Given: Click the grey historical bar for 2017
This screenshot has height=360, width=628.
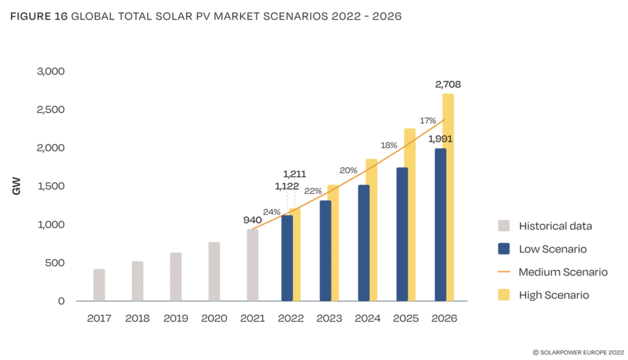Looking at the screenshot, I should pyautogui.click(x=99, y=285).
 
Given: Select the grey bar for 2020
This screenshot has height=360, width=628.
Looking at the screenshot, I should pyautogui.click(x=214, y=272).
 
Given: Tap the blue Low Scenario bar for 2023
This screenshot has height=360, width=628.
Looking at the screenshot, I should pyautogui.click(x=325, y=251).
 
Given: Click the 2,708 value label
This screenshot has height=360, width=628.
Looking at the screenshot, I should pyautogui.click(x=448, y=85).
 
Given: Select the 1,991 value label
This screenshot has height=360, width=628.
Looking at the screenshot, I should pyautogui.click(x=440, y=139).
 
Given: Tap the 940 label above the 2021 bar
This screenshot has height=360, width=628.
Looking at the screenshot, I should pyautogui.click(x=253, y=220).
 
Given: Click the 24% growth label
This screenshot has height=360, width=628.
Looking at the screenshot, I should pyautogui.click(x=272, y=212).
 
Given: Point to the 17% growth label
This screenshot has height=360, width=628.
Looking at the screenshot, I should pyautogui.click(x=427, y=121).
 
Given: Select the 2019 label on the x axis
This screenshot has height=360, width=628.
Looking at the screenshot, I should pyautogui.click(x=175, y=318).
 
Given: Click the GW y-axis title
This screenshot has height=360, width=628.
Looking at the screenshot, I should pyautogui.click(x=17, y=186).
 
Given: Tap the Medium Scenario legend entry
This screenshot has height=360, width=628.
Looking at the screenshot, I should pyautogui.click(x=562, y=272).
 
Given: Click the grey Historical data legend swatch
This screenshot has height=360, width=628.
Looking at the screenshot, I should pyautogui.click(x=504, y=226).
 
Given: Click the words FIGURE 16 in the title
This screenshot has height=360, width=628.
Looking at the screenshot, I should pyautogui.click(x=39, y=17).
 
